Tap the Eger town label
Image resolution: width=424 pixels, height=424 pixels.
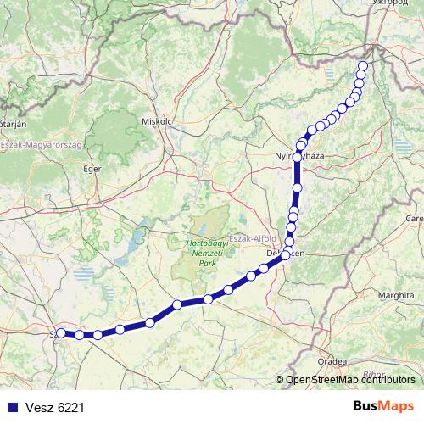coord(92,169)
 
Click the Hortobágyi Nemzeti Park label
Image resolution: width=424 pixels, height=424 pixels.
coord(203,252)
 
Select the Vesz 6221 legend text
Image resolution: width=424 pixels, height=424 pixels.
coord(54,407)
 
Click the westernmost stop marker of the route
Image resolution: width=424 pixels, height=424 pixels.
coord(61,333)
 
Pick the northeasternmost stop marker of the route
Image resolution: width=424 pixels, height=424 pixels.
coord(364,66)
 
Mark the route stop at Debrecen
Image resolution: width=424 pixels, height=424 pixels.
coord(287,254)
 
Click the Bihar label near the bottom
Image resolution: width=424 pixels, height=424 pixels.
coord(371,374)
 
